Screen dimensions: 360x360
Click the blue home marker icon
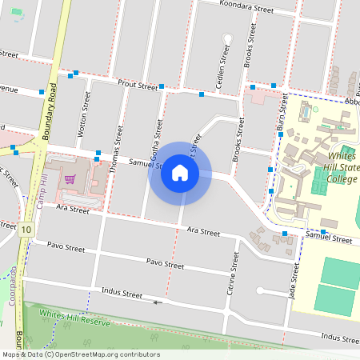click(180, 172)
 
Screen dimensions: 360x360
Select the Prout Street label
click(138, 85)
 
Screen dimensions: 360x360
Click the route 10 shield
click(28, 230)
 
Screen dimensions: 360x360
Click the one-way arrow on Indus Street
click(158, 302)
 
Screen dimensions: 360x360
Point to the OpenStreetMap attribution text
click(81, 354)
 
